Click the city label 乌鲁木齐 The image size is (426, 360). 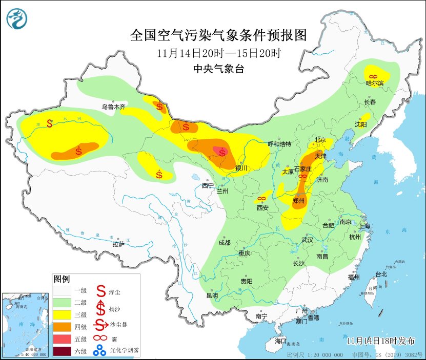point(113,107)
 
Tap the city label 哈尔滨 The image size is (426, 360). point(374,83)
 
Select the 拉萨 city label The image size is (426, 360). point(118,244)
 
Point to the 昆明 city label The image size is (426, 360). point(212,295)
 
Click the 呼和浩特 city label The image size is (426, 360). point(279,144)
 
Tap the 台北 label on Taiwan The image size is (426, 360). point(381,274)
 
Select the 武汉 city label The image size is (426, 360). point(308,239)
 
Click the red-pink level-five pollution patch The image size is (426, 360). point(221,152)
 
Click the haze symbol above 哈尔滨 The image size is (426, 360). point(373,75)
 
